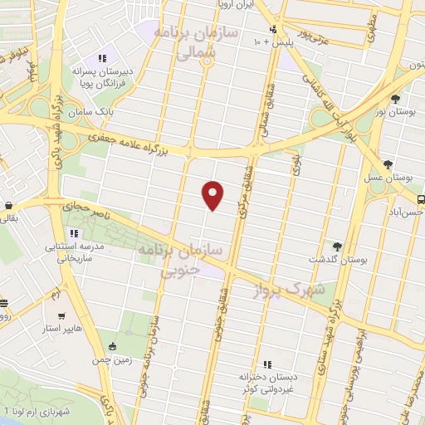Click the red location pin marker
tap(213, 195)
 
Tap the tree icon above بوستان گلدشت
tap(337, 246)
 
